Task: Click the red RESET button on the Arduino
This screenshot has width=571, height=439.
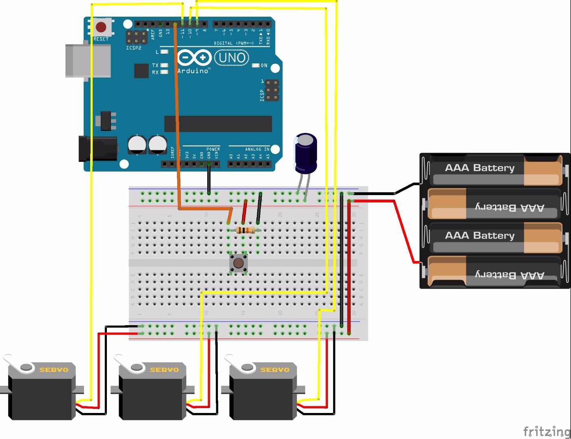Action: [x=101, y=28]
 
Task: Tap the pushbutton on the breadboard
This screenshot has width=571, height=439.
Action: [x=239, y=263]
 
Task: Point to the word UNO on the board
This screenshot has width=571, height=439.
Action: [x=232, y=58]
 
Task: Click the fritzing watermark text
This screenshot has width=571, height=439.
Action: [x=546, y=431]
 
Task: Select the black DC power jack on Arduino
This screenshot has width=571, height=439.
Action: [x=98, y=149]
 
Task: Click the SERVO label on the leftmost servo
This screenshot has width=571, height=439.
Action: [x=54, y=369]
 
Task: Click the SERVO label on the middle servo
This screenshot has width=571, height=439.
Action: [x=164, y=369]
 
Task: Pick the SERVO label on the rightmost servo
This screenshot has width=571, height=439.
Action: [x=275, y=369]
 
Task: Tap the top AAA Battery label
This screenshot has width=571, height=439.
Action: [x=480, y=168]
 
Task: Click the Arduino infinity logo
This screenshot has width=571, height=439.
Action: [x=194, y=58]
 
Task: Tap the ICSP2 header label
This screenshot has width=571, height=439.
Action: [x=134, y=48]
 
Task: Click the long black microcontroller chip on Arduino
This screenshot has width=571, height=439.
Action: [x=218, y=124]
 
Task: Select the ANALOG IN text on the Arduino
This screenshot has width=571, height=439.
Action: [x=257, y=149]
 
